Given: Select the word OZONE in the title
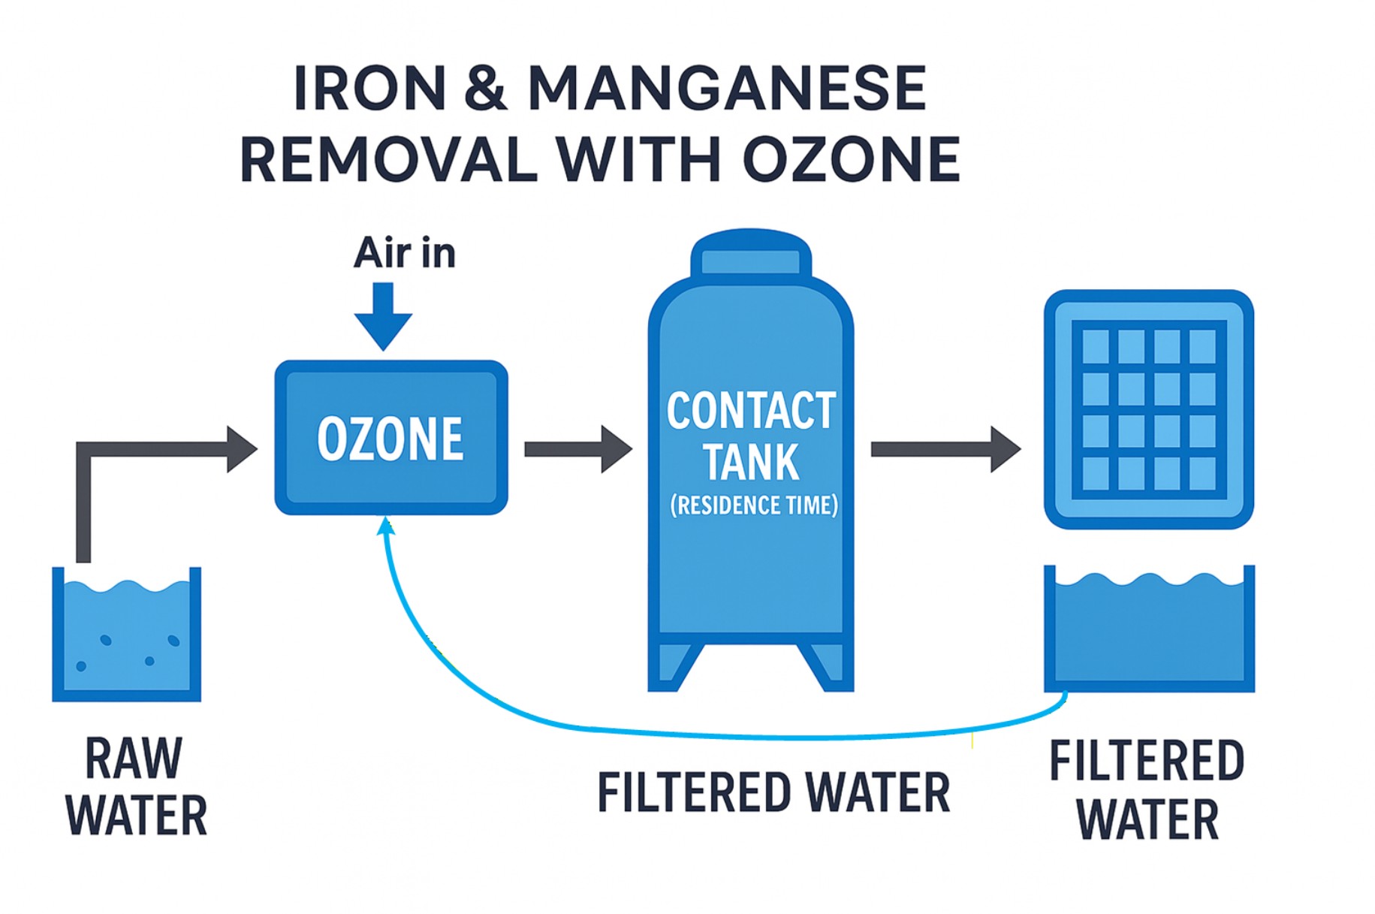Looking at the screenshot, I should pos(852,159).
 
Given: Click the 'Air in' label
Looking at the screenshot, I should pos(405,253).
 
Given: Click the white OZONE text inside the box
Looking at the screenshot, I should pos(390,439).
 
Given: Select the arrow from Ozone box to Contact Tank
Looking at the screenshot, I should pos(577,449).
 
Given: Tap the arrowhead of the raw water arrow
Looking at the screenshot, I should pos(242,449).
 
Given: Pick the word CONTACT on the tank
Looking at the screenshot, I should pos(751,411).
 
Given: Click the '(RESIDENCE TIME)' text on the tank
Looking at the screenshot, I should pos(754,505).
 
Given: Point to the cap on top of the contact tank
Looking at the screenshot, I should pos(750,256).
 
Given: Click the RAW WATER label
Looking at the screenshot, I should pos(135,787).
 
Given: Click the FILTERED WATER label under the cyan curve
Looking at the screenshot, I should pos(773,793).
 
